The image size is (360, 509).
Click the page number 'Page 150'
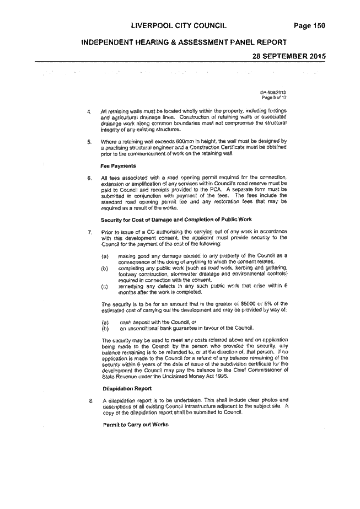pos(309,26)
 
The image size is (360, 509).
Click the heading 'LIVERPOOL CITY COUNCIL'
pos(179,26)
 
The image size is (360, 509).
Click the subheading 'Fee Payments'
pos(118,166)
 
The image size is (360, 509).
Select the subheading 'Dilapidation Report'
pos(127,388)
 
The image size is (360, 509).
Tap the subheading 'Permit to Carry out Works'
pos(136,425)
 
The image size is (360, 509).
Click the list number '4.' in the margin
pos(89,111)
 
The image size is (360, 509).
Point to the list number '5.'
pos(89,142)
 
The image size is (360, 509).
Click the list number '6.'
pos(89,178)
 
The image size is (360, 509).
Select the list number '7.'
pos(90,232)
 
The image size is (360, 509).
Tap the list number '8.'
pos(91,401)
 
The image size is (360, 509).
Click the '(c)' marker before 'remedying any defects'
pos(105,287)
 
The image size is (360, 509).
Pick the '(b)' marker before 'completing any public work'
pos(105,269)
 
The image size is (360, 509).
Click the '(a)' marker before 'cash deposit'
pos(105,323)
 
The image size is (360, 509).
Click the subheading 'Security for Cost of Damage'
pos(176,220)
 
